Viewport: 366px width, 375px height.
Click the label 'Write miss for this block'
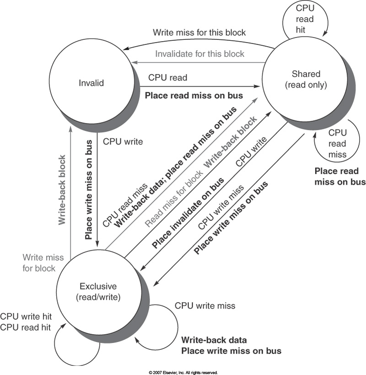199,32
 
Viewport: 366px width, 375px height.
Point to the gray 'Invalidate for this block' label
199,54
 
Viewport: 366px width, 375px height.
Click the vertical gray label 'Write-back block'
62,189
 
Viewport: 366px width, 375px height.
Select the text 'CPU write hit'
26,316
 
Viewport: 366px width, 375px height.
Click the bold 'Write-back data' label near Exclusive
214,340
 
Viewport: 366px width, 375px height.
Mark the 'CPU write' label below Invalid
123,142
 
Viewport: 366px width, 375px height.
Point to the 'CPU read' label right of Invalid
167,78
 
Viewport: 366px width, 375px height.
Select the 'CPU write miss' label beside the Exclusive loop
205,305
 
